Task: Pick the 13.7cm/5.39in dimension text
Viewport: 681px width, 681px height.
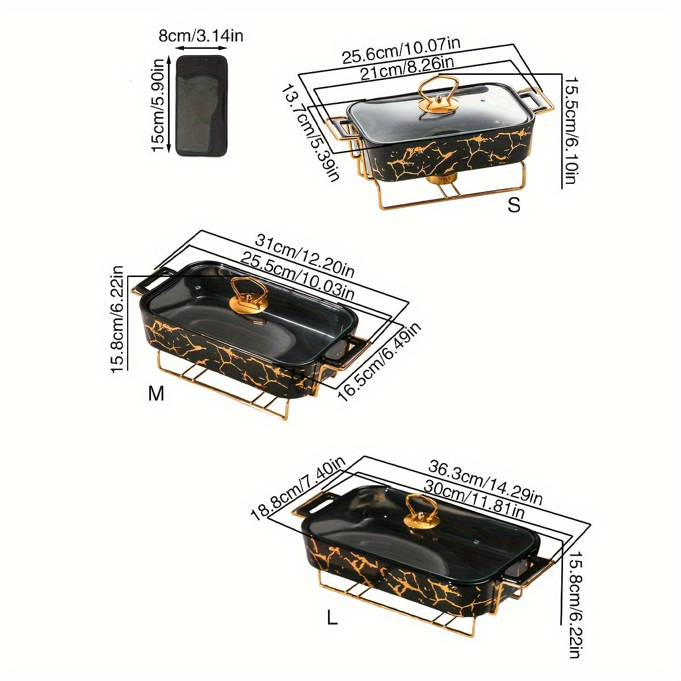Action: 311,133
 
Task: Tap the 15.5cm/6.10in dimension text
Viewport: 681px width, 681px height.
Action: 569,129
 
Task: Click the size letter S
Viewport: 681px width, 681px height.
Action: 514,205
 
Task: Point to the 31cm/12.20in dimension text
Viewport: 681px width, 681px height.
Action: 304,255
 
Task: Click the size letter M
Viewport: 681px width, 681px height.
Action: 156,393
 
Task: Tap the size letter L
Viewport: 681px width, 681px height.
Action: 332,617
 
